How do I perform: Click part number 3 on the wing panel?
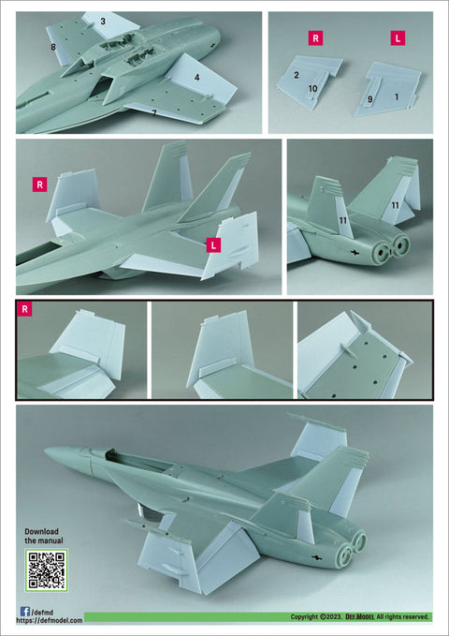(103, 22)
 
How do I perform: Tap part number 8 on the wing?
(53, 48)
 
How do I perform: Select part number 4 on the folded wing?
(197, 77)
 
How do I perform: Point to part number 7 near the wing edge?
(154, 113)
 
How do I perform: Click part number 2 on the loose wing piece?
(297, 75)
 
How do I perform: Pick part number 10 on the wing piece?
(312, 88)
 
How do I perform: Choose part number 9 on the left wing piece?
(370, 99)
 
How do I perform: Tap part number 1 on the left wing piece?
(397, 96)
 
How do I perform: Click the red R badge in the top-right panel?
(315, 38)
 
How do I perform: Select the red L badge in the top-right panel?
(398, 38)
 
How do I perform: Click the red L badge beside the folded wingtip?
(213, 245)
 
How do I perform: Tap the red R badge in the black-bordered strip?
(24, 309)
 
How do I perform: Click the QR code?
(46, 569)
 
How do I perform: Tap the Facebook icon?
(24, 612)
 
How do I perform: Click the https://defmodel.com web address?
(49, 621)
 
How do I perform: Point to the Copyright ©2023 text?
(316, 617)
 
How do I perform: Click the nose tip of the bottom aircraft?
(45, 450)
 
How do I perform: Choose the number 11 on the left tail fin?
(343, 220)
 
